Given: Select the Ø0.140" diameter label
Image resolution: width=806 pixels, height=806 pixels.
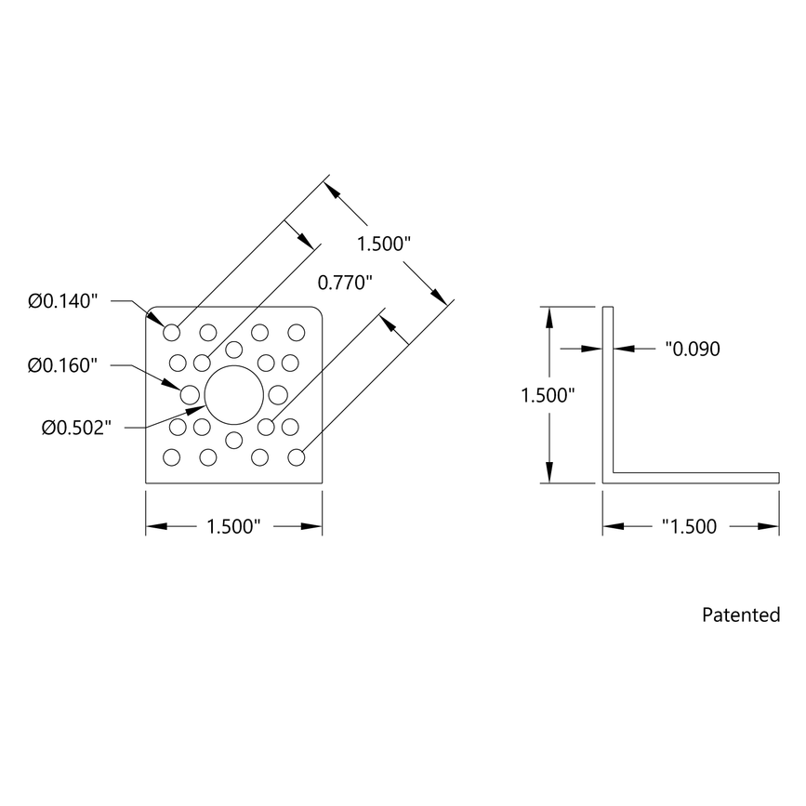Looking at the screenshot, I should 63,301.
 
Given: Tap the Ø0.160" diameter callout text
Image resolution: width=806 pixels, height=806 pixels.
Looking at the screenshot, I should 63,365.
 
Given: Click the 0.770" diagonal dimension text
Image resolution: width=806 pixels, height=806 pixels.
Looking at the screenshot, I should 345,282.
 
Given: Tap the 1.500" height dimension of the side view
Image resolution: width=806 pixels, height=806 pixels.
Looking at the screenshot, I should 548,394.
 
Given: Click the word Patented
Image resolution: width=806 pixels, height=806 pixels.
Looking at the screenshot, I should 741,614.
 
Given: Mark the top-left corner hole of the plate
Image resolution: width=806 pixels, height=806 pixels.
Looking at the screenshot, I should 172,332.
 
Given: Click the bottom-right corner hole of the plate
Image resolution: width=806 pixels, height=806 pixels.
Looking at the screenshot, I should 297,457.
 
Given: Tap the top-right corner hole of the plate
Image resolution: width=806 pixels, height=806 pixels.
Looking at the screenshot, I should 297,332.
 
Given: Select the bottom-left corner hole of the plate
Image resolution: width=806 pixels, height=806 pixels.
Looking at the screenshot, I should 172,457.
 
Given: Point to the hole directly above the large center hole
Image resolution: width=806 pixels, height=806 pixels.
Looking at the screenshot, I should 234,350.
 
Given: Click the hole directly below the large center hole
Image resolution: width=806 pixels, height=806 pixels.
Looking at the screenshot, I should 234,439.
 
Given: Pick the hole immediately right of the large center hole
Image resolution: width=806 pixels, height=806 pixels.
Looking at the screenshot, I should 277,394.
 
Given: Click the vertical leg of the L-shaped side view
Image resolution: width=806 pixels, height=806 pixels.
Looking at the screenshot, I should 609,390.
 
